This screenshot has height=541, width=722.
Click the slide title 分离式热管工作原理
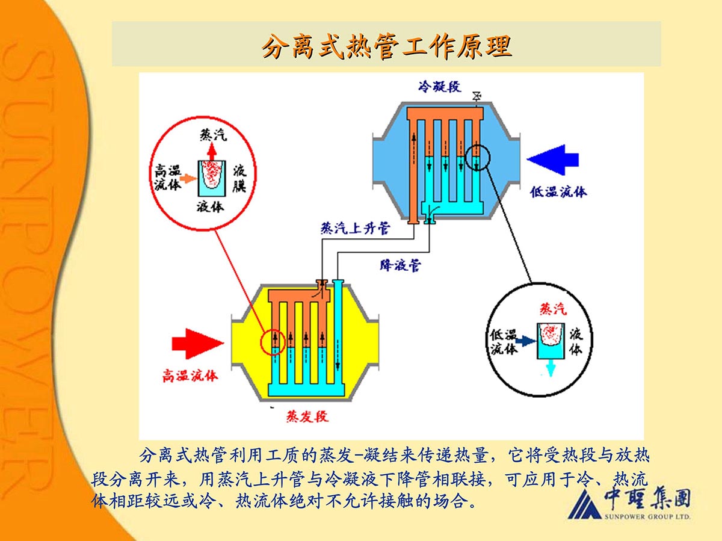click(x=386, y=46)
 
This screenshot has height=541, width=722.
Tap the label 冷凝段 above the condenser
click(x=440, y=86)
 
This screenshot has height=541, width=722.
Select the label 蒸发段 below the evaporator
click(x=307, y=416)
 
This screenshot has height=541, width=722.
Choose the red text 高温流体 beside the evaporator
click(x=190, y=376)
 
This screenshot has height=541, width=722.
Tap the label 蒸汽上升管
click(x=354, y=229)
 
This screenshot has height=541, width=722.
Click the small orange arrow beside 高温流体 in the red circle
click(x=188, y=178)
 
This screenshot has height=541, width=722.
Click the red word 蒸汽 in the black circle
click(x=552, y=309)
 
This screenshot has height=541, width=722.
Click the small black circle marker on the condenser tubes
click(x=478, y=157)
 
